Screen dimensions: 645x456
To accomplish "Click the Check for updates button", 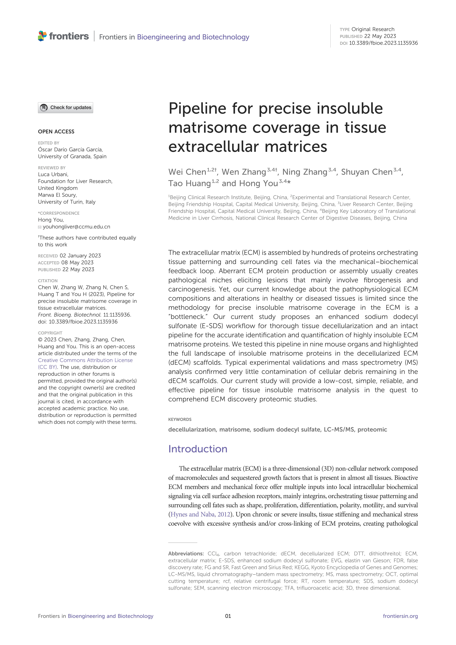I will [65, 108].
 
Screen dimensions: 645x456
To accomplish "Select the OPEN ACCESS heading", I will [56, 131].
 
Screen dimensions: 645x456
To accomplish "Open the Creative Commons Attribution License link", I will [85, 360].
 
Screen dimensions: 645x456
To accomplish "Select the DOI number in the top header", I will [383, 43].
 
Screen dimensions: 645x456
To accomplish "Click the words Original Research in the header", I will [373, 29].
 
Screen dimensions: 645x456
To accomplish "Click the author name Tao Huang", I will [189, 183].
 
